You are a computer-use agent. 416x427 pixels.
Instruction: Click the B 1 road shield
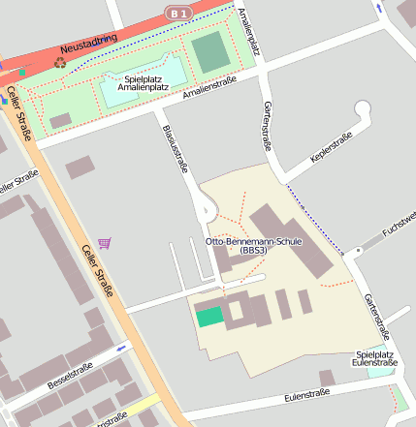176,13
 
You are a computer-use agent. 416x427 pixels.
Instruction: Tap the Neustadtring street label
88,44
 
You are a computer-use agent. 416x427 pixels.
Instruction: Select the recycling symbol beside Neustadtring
60,62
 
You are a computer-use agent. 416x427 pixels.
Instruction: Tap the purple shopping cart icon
105,243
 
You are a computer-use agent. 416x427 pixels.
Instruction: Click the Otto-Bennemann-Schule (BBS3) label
255,245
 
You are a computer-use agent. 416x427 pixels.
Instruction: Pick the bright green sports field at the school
208,316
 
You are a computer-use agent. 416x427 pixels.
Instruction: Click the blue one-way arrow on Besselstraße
121,348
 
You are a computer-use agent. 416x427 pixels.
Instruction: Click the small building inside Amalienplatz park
60,120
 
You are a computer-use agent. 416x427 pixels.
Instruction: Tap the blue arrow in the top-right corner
380,9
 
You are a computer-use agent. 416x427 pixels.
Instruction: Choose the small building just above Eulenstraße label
327,378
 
